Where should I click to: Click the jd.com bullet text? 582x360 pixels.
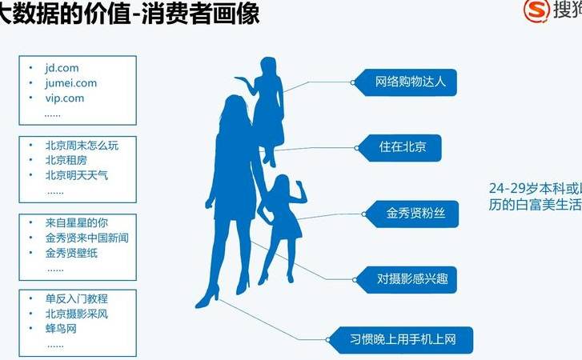coord(62,69)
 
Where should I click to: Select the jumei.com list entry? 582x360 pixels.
coord(70,83)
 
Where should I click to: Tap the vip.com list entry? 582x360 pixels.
coord(65,98)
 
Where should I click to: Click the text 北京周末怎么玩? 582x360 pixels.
coord(82,146)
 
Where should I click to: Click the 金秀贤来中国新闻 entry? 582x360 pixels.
coord(87,238)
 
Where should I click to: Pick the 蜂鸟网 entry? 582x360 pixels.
coord(61,329)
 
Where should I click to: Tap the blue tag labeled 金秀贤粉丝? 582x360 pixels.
coord(410,214)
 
